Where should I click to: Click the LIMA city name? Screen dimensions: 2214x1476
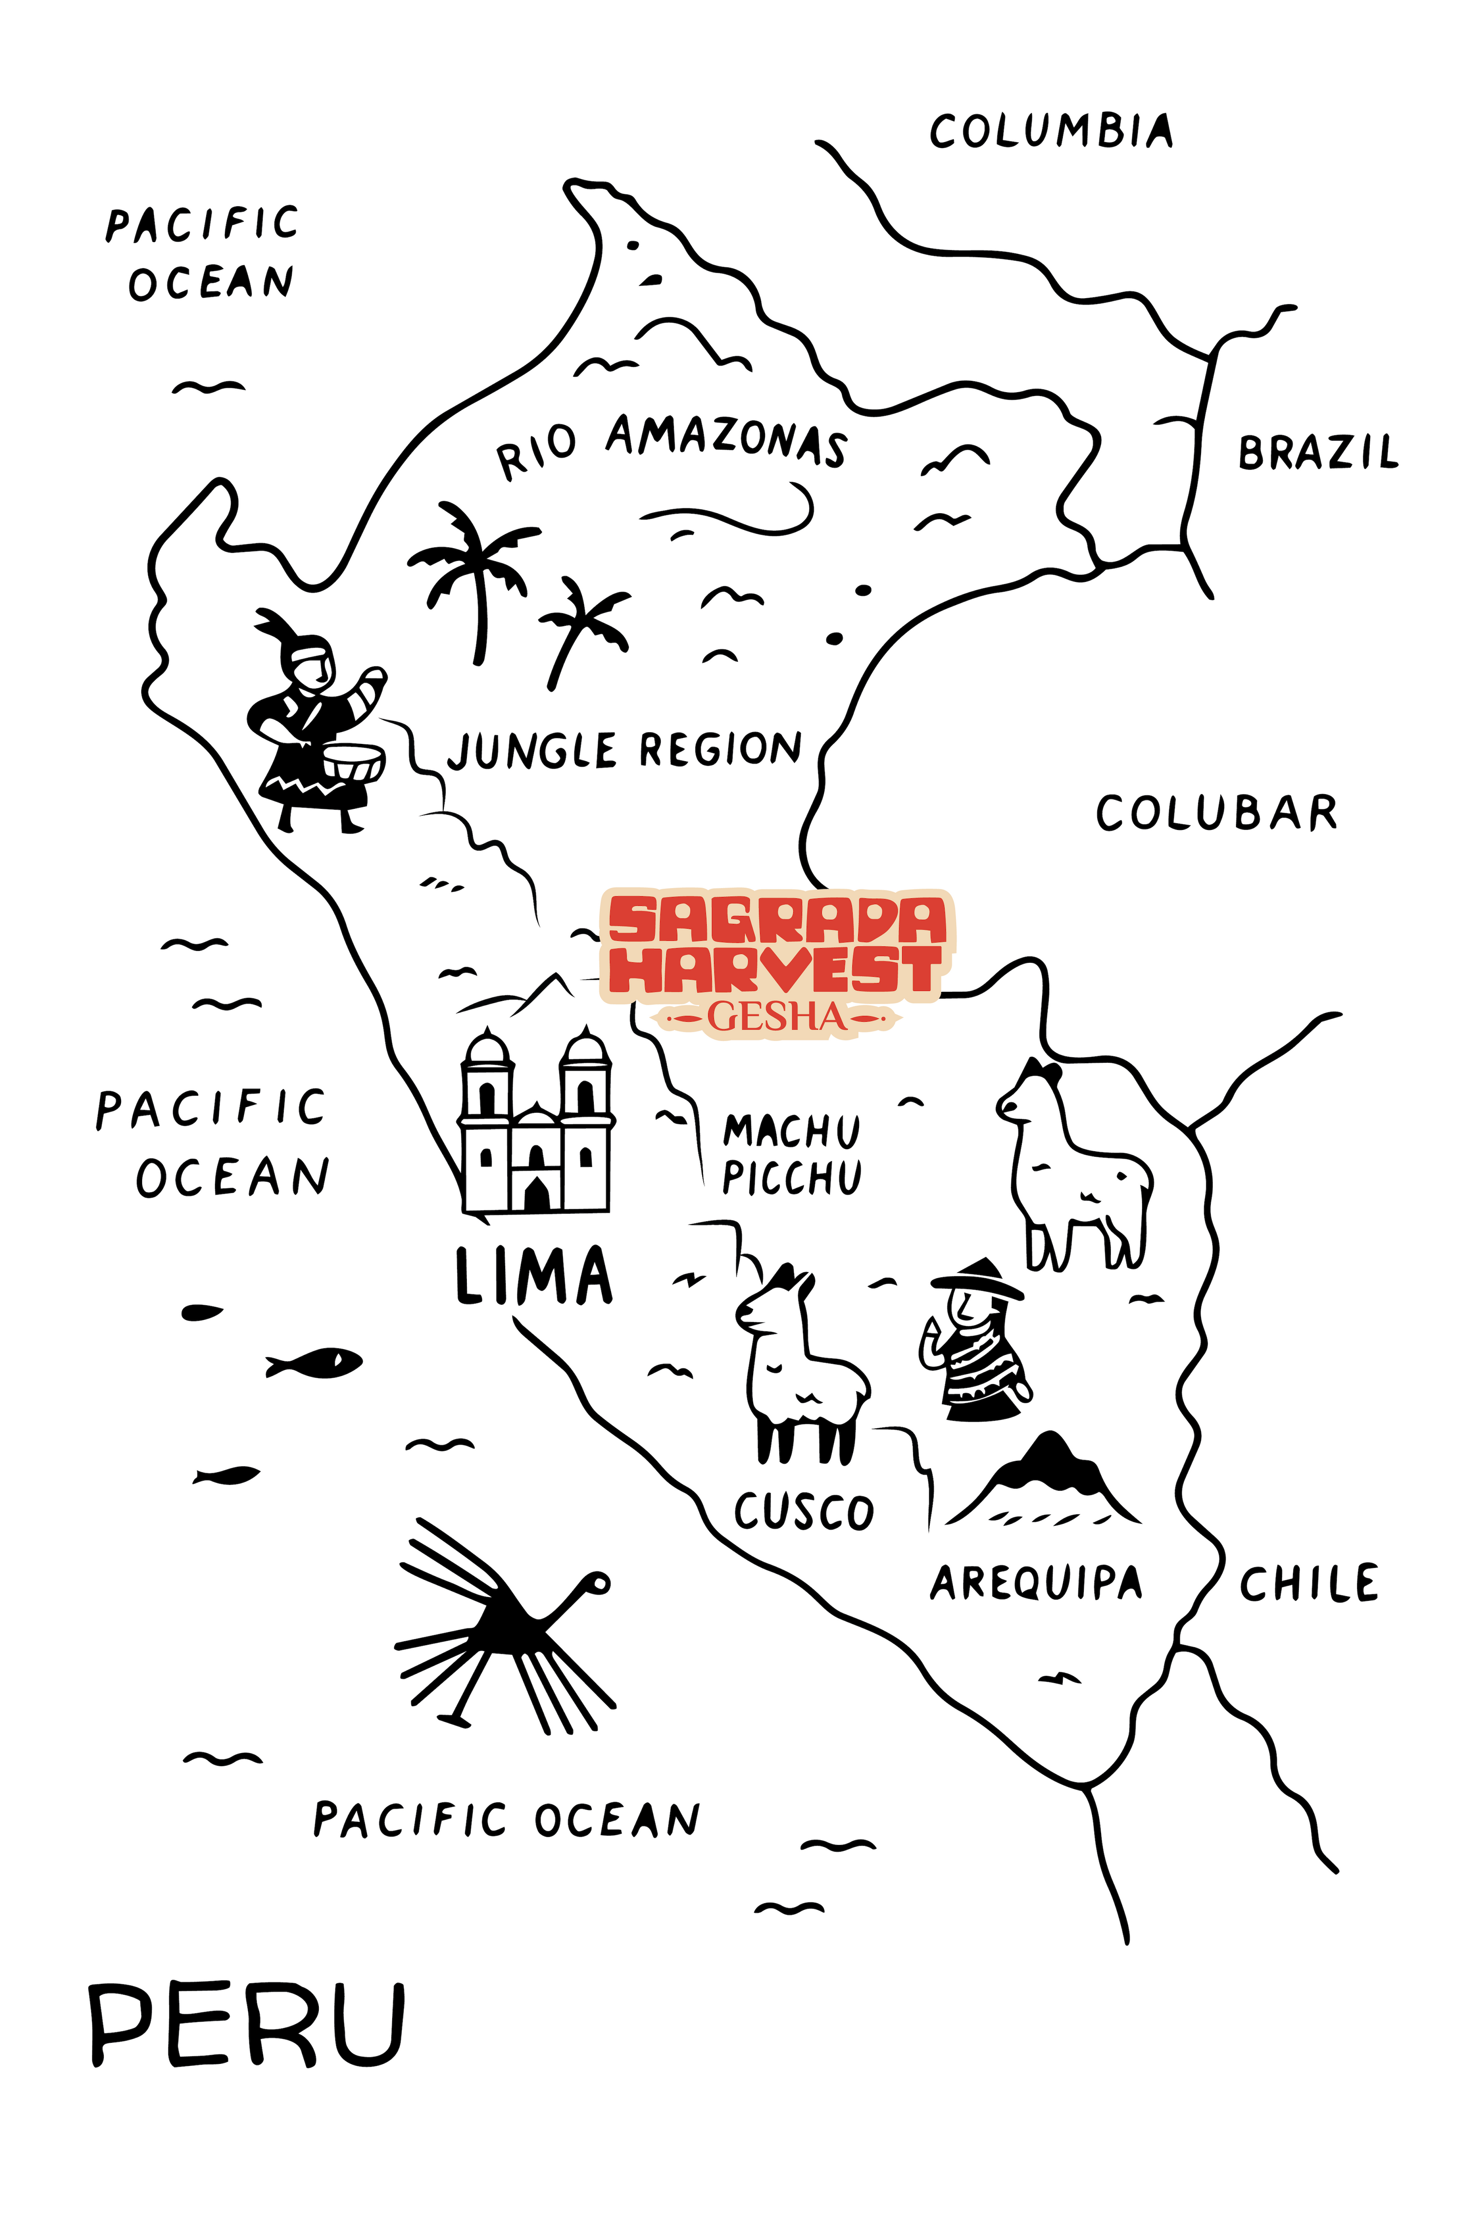(x=534, y=1276)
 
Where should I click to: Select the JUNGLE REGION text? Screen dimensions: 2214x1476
(x=624, y=750)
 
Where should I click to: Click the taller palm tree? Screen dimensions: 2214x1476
(x=471, y=574)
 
